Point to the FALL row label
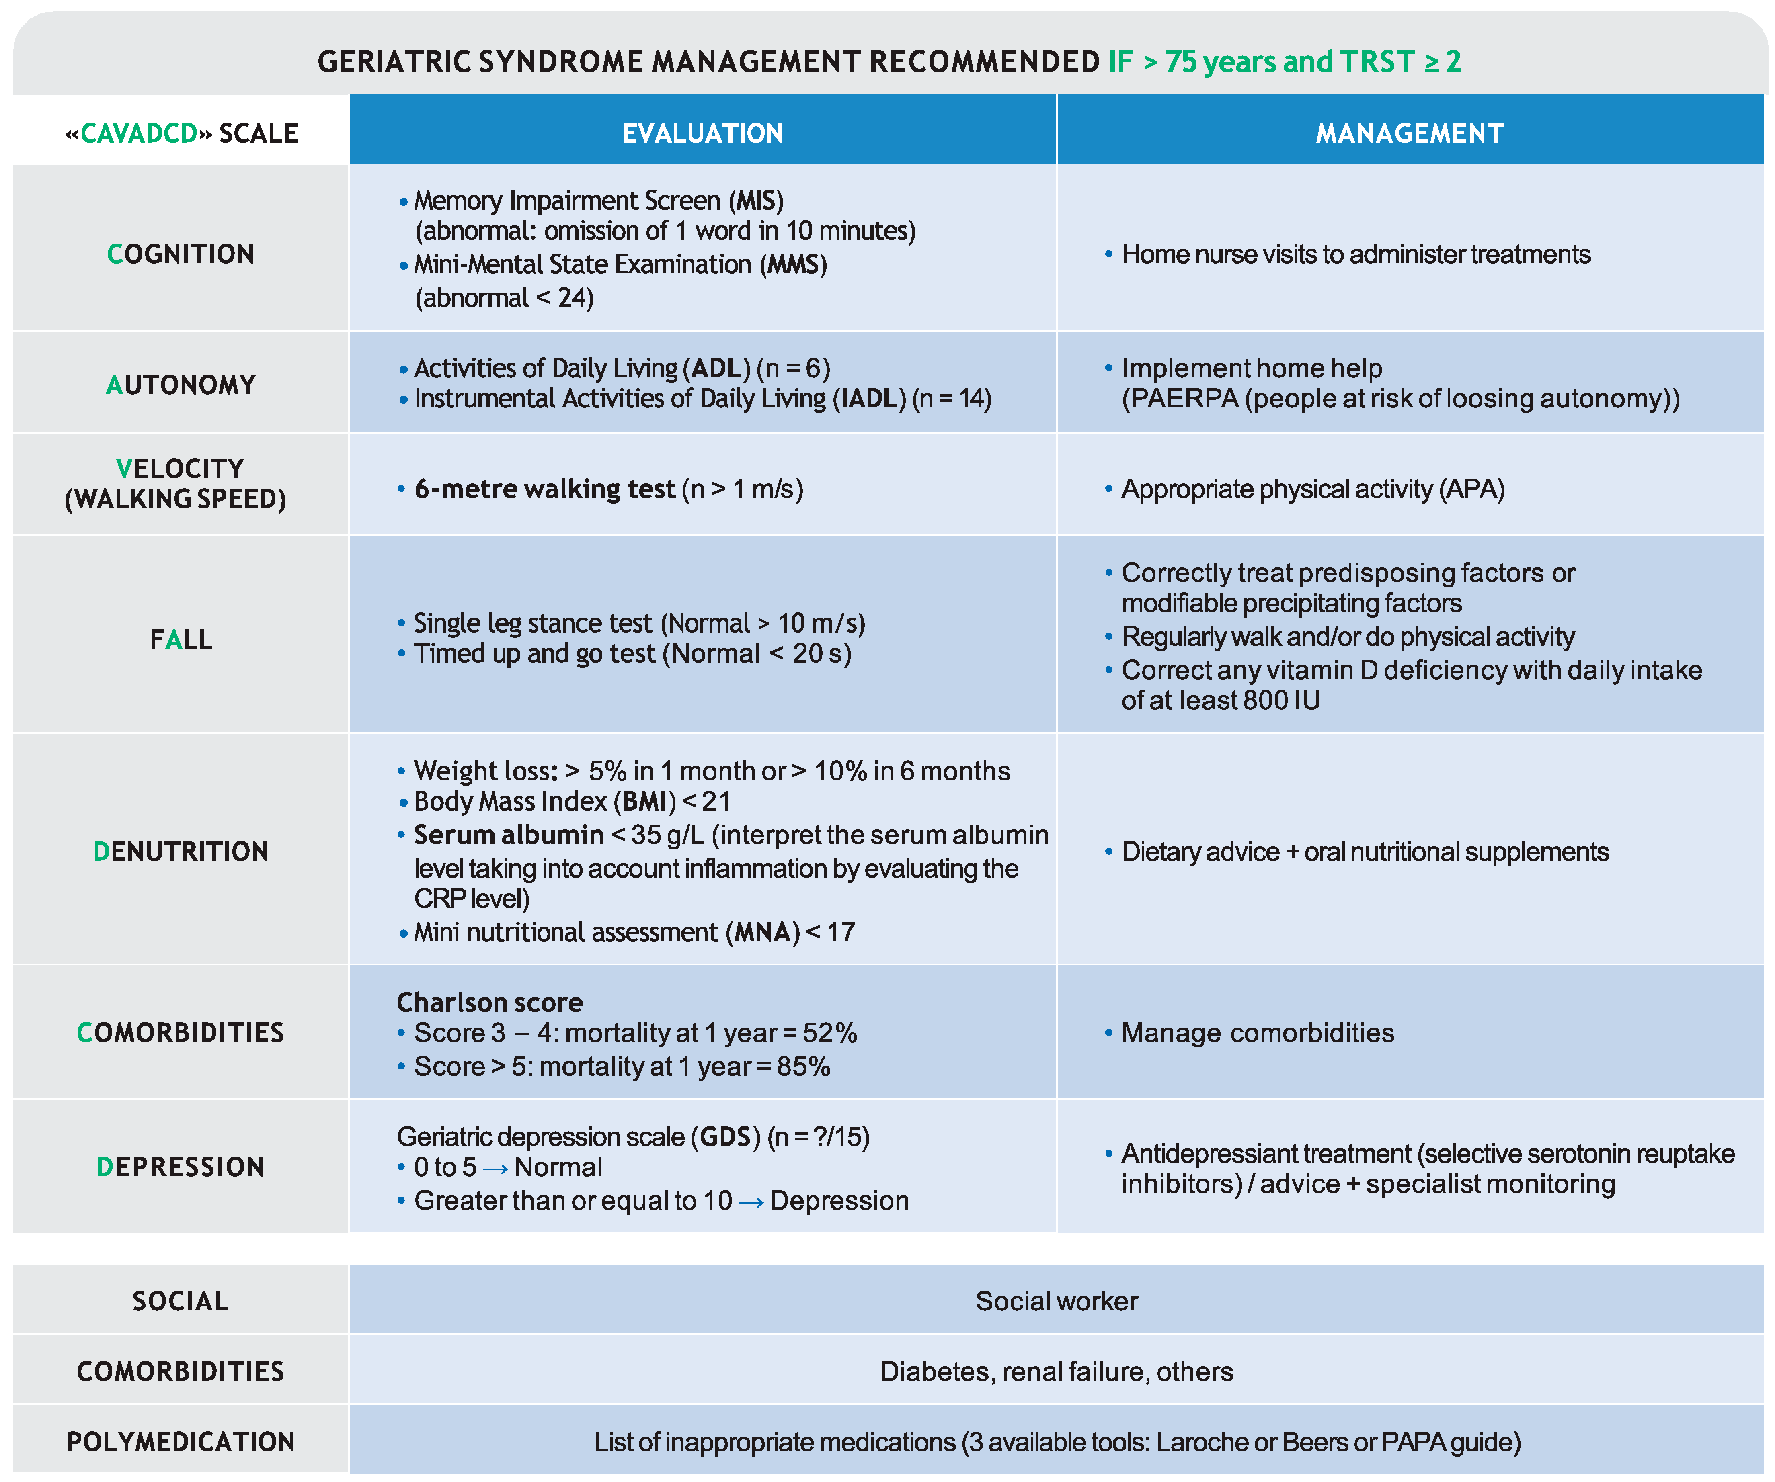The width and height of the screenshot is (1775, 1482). click(181, 640)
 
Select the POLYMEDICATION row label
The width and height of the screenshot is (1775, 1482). click(181, 1441)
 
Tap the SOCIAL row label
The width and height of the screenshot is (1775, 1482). click(181, 1301)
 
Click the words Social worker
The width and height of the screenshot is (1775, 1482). click(1057, 1301)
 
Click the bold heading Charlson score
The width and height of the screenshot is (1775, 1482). click(489, 1002)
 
